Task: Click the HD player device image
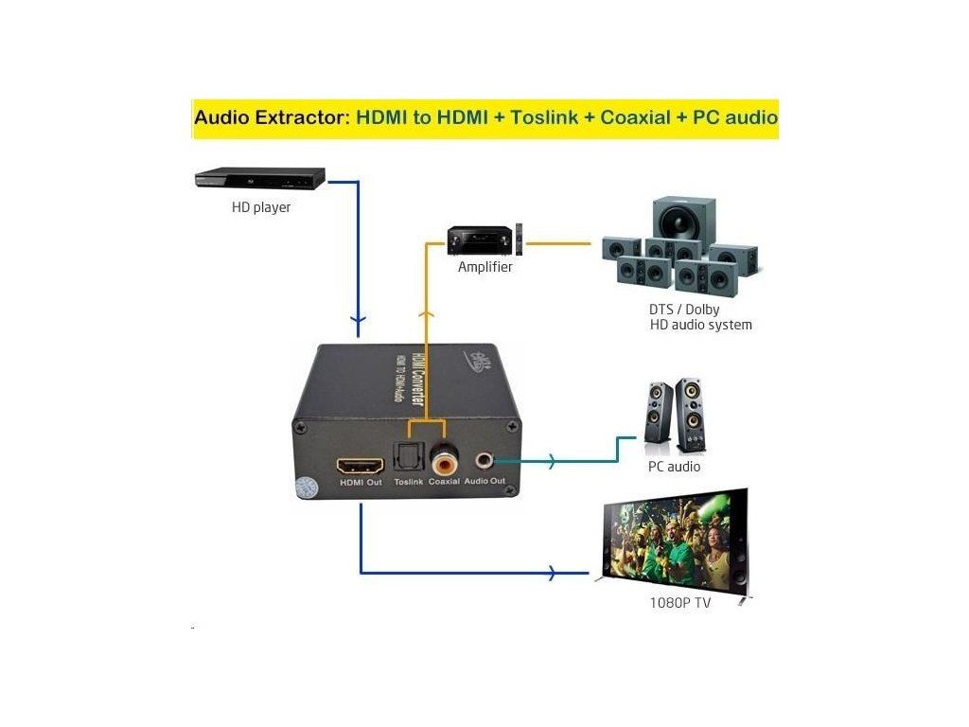coord(259,178)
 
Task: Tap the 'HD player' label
coord(261,207)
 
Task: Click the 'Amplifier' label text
coord(484,267)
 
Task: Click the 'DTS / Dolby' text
coord(684,310)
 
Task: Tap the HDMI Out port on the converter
coord(361,466)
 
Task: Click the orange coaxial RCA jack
coord(443,463)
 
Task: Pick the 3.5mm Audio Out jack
coord(484,462)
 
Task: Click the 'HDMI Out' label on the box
coord(361,483)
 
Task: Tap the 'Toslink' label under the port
coord(409,482)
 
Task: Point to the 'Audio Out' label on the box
coord(484,481)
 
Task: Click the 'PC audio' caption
coord(674,467)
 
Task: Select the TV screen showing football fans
coord(675,541)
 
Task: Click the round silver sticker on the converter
coord(306,488)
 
